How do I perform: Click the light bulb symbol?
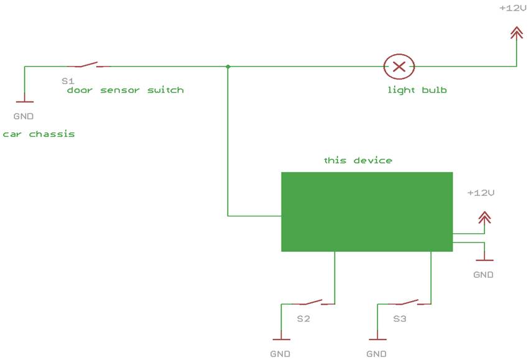coord(399,65)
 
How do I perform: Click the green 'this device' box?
coord(367,212)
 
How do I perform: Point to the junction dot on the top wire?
coord(228,66)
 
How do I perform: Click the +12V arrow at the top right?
coord(516,33)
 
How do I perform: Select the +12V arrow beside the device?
coord(484,217)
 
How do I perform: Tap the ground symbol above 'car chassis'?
coord(24,101)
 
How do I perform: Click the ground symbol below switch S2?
coord(282,339)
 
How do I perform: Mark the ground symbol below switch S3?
coord(377,339)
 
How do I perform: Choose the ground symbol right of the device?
coord(484,259)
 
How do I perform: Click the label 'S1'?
coord(68,81)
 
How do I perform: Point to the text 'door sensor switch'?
coord(126,90)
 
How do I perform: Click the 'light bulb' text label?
coord(417,90)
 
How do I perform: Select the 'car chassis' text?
coord(39,134)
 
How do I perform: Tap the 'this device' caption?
coord(358,160)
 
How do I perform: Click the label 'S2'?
coord(303,319)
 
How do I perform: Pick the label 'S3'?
coord(400,319)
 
